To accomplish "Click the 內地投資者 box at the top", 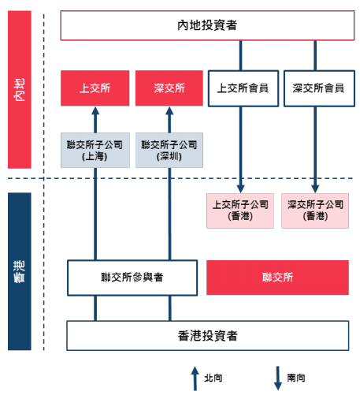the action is [x=207, y=25].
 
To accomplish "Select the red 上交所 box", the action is [x=95, y=88].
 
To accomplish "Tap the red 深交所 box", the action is [x=169, y=88].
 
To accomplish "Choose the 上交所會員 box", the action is [x=243, y=88].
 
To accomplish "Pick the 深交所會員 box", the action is [x=319, y=88].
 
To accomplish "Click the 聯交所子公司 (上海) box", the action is [x=95, y=150].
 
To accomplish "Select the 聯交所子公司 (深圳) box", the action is [x=169, y=150].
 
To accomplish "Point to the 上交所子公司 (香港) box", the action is [x=240, y=211].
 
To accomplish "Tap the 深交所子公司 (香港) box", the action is [x=315, y=211].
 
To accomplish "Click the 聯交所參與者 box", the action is [x=132, y=278].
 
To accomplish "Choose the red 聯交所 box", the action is [x=277, y=278].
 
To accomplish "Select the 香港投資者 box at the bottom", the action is [x=208, y=336].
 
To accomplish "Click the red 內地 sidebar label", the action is [x=20, y=90].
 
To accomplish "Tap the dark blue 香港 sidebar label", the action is [x=20, y=271].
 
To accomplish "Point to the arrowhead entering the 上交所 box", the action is [x=95, y=110].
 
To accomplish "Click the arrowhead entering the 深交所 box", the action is [x=169, y=110].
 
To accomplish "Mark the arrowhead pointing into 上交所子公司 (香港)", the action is [x=240, y=189].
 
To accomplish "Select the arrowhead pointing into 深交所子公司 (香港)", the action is [x=315, y=189].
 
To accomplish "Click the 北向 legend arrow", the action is [x=195, y=378].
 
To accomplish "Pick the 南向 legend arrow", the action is [x=278, y=378].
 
